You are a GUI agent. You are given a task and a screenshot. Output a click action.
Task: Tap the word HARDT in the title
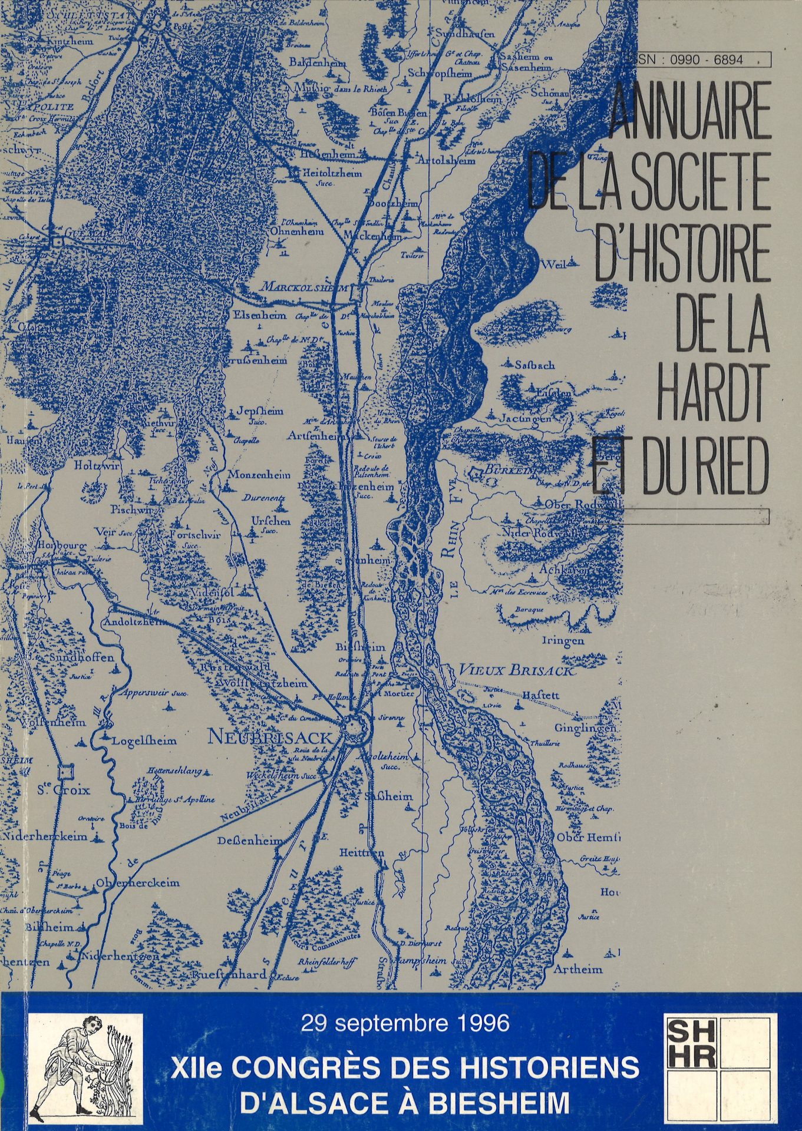click(712, 389)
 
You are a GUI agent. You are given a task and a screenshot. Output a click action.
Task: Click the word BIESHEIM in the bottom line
click(499, 1102)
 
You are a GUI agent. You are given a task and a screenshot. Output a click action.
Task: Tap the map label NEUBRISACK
click(270, 738)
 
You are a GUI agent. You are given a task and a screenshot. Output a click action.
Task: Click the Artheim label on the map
click(578, 969)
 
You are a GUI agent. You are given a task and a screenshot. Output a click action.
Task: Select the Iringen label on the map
click(563, 640)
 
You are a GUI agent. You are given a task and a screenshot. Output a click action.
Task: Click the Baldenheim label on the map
click(317, 62)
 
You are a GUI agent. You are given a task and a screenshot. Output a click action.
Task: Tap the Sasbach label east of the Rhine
click(534, 365)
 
